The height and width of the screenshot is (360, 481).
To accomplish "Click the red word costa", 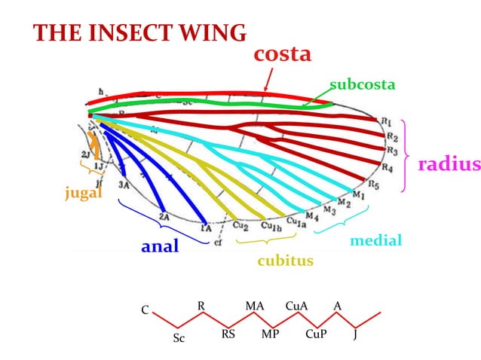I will pos(283,54).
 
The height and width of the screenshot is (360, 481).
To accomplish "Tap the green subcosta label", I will pos(362,84).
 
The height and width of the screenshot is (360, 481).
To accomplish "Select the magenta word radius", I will pos(449,164).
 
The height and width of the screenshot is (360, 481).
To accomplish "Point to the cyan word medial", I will pos(376,241).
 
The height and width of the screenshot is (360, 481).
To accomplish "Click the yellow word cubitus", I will pos(285,261).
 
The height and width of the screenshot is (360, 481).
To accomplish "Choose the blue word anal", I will pos(160,247).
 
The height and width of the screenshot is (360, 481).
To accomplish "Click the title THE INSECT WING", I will pos(140,33).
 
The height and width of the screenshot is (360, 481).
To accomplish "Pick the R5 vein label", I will pos(373,184).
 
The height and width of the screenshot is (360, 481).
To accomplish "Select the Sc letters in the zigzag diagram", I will pos(179,338).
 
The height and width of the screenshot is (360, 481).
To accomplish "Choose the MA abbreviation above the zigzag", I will pos(254,306).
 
